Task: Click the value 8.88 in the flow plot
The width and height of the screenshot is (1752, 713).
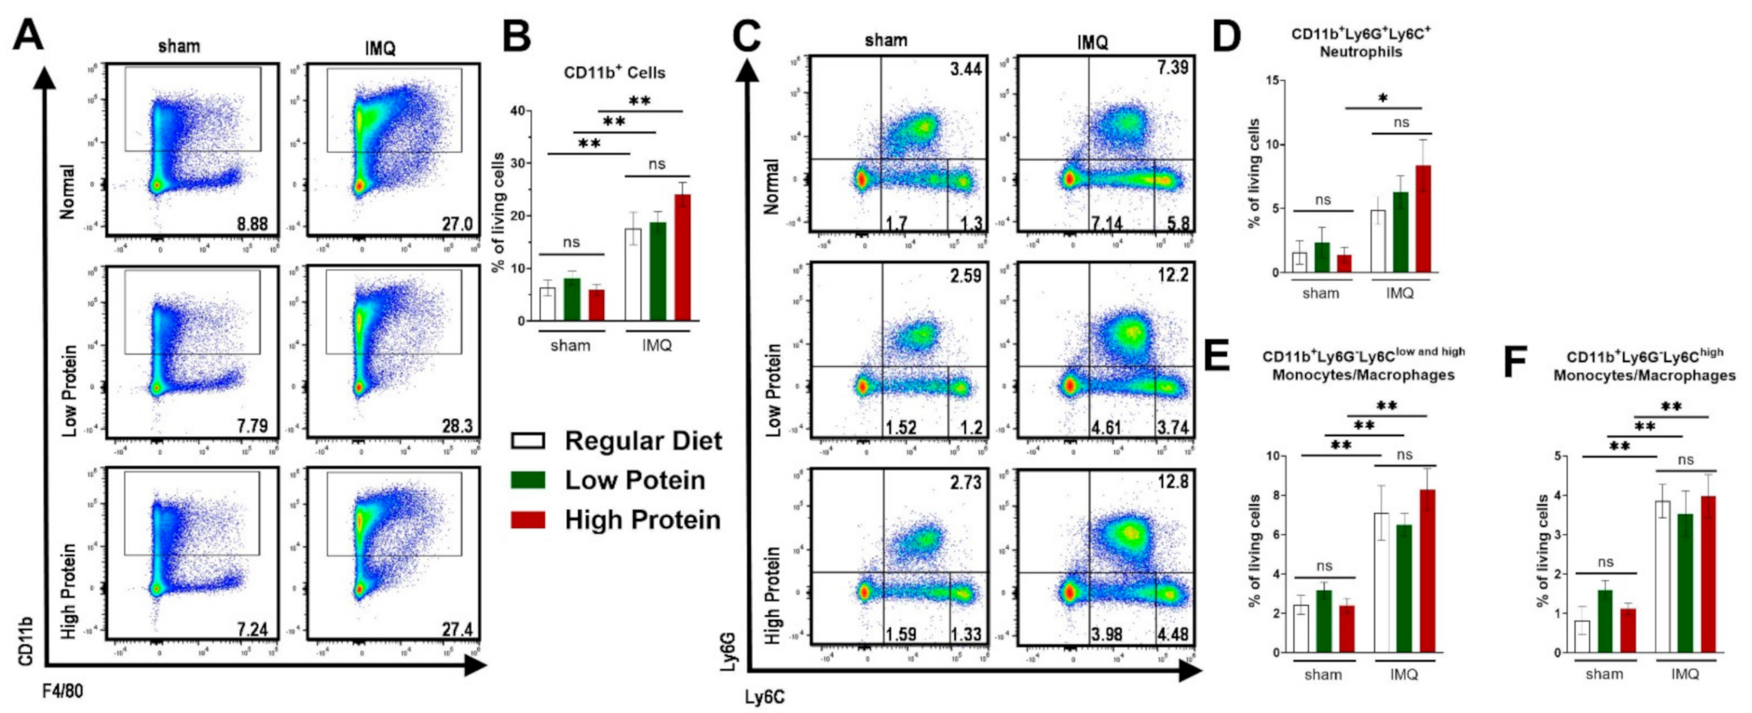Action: pos(252,223)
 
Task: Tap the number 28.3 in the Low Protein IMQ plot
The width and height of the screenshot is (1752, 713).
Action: pos(456,426)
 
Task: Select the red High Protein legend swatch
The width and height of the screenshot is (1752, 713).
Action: pos(528,520)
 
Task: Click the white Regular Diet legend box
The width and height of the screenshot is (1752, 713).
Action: pos(528,440)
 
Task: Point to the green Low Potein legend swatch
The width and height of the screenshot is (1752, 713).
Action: pos(528,480)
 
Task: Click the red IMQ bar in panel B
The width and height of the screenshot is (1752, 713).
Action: pos(682,258)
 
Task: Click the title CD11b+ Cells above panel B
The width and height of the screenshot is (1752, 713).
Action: pos(614,73)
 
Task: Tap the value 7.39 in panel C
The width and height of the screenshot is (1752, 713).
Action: pos(1172,67)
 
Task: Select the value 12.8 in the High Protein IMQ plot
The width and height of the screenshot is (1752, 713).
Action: pos(1172,482)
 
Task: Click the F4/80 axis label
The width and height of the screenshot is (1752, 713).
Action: pos(63,691)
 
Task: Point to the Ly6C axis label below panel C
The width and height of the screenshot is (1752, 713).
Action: pos(764,697)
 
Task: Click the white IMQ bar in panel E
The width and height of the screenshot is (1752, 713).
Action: pos(1382,583)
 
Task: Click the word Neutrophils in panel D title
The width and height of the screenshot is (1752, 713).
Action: pos(1361,52)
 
